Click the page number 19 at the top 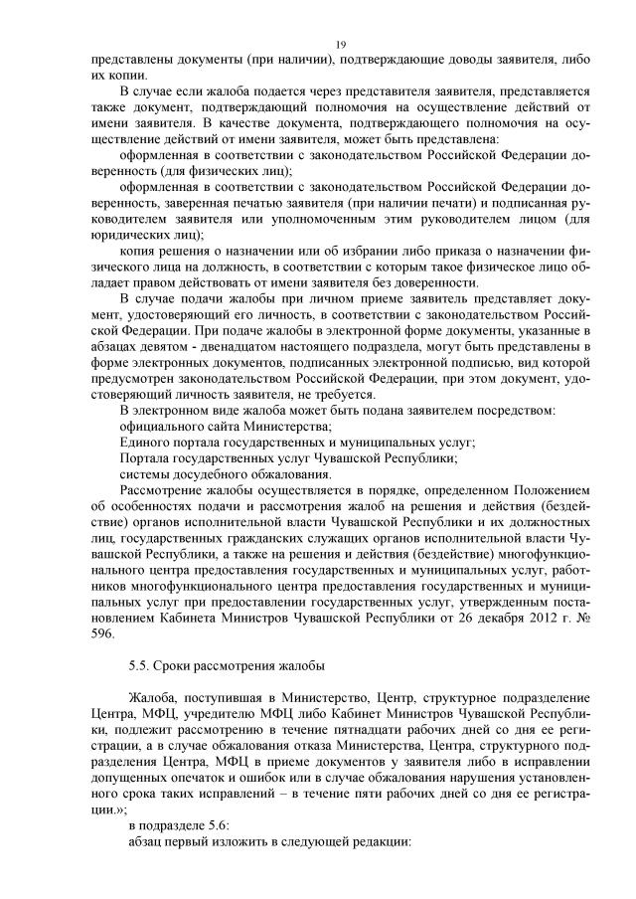pyautogui.click(x=341, y=45)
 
